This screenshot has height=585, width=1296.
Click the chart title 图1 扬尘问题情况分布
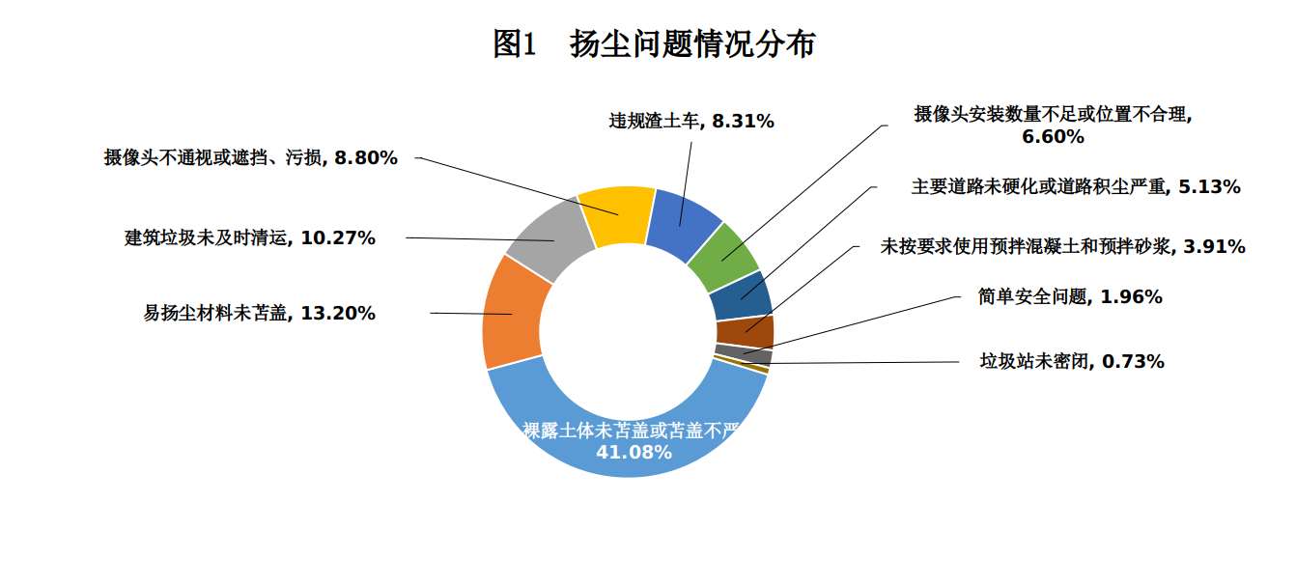[654, 44]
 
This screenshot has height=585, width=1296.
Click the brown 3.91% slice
[745, 331]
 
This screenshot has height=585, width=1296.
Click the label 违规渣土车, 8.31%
[691, 121]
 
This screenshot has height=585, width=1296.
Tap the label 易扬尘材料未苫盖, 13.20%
[259, 313]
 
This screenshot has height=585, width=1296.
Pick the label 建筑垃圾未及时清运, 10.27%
[249, 237]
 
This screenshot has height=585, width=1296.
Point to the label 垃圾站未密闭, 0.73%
[1072, 362]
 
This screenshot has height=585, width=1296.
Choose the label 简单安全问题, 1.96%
[1070, 297]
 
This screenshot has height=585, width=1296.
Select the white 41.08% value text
[634, 452]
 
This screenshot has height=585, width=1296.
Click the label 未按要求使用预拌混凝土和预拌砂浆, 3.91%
[1062, 246]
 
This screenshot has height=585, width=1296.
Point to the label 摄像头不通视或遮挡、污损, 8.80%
[251, 157]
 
